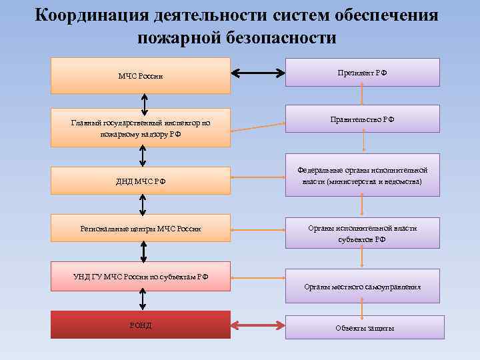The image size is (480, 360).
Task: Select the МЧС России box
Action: click(141, 75)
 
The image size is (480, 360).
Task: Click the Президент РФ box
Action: click(362, 72)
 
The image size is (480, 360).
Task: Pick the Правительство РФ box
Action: click(362, 119)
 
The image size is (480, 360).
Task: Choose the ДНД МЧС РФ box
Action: click(141, 180)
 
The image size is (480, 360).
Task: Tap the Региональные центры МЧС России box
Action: click(141, 229)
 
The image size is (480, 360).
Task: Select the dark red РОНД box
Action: click(141, 325)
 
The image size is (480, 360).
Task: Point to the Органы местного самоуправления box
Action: click(362, 286)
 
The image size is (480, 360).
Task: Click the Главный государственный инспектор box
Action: click(141, 127)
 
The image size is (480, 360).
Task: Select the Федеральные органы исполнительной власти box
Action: click(362, 177)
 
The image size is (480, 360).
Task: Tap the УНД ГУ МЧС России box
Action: click(141, 276)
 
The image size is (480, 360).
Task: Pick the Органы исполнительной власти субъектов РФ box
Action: click(362, 233)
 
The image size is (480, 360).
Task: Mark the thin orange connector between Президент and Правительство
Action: click(362, 95)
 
